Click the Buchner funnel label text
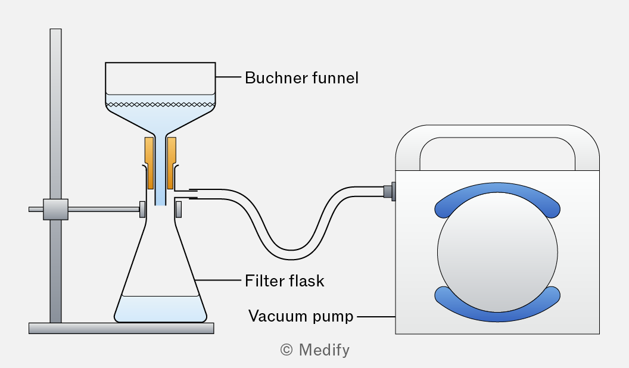click(301, 78)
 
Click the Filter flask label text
click(284, 281)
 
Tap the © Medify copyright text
click(314, 350)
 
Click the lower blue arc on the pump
click(497, 307)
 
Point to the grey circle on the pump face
click(497, 252)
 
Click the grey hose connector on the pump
click(388, 192)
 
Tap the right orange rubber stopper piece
click(172, 161)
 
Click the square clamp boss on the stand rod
click(55, 209)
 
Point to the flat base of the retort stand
click(121, 328)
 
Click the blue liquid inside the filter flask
click(160, 308)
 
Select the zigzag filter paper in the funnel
click(160, 104)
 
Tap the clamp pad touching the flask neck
click(143, 209)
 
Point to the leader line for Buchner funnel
click(229, 77)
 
